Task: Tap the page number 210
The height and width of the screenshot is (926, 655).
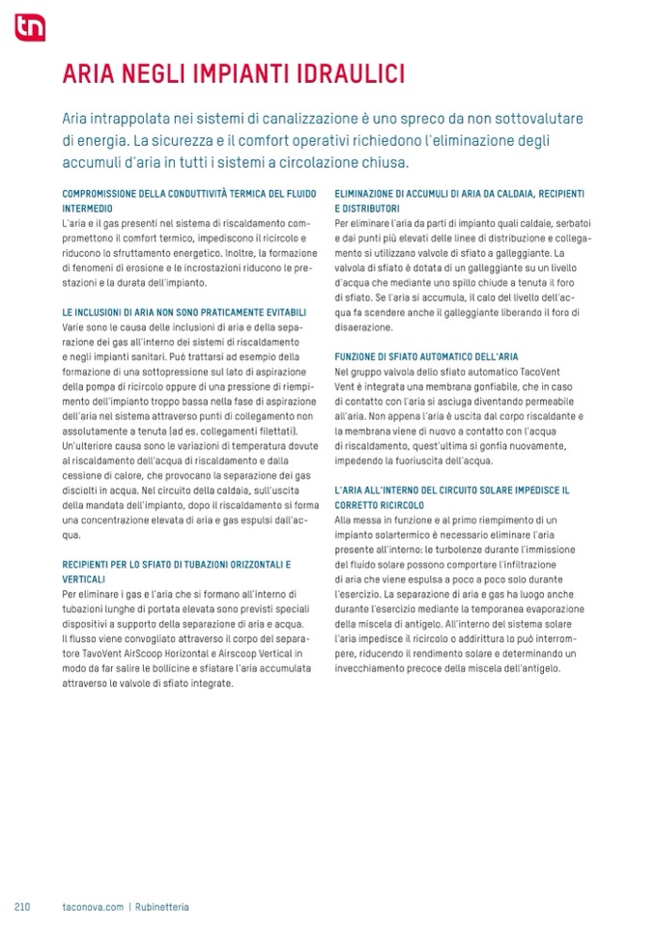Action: (23, 907)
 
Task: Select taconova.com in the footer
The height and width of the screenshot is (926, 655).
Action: (91, 907)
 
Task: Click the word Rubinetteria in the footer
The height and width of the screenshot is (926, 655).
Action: (161, 907)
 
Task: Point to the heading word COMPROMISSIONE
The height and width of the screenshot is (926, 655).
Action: (100, 194)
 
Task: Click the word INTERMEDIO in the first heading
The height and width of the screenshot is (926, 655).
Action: (88, 209)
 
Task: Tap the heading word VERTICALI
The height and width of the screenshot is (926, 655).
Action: (85, 577)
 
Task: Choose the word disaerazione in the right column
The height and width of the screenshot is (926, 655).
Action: (365, 327)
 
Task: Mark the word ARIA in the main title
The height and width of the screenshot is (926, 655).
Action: (84, 74)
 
